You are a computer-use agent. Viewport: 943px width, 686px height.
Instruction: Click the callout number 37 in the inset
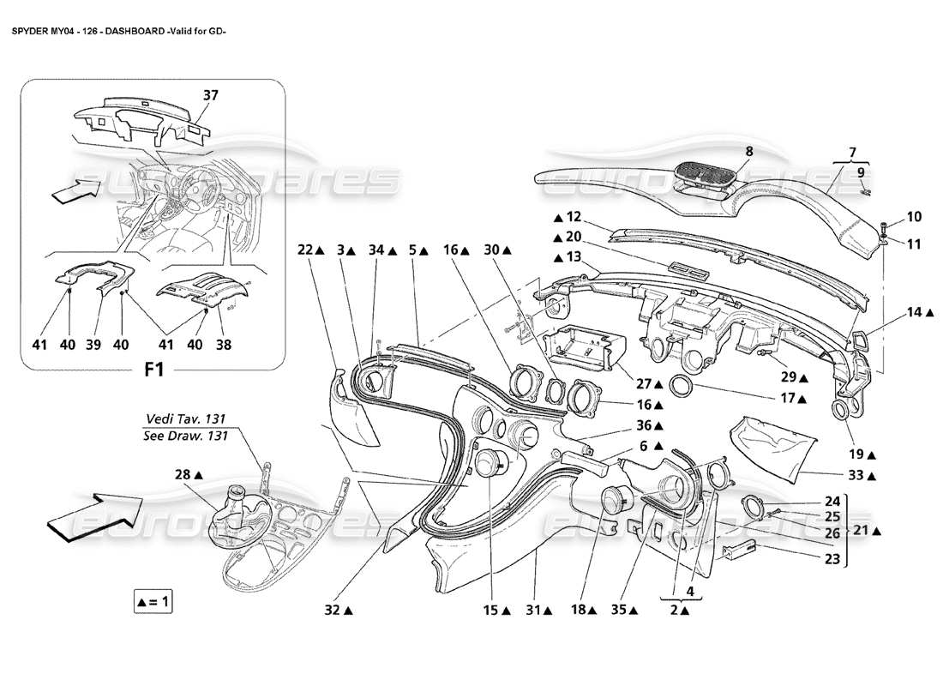pyautogui.click(x=209, y=95)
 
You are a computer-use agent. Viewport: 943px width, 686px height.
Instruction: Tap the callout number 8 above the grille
pyautogui.click(x=748, y=151)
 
